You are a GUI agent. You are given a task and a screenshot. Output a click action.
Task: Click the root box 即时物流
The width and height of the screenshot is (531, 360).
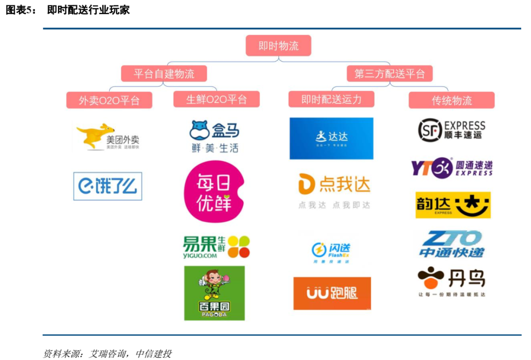[x=278, y=46]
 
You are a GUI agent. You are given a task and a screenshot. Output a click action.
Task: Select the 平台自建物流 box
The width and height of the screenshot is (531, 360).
[x=164, y=74]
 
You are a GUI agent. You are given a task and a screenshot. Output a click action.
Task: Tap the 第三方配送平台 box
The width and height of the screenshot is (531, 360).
[x=389, y=74]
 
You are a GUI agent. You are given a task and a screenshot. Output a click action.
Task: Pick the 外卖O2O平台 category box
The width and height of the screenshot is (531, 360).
[x=109, y=100]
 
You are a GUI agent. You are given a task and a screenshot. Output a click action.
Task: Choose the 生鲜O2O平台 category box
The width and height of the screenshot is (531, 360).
[x=216, y=99]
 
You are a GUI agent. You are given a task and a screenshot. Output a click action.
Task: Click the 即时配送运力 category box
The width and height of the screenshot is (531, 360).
[x=331, y=99]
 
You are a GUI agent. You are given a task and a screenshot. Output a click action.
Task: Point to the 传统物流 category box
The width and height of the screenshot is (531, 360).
[x=451, y=100]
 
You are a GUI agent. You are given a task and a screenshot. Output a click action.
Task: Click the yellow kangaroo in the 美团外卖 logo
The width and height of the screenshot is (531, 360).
[x=92, y=135]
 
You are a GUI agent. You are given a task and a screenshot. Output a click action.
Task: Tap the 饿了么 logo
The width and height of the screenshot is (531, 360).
[x=108, y=186]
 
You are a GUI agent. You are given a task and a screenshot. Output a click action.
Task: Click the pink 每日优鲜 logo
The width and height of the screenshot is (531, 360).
[x=214, y=192]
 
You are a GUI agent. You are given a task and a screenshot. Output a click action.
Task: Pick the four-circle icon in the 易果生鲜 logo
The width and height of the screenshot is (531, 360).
[x=238, y=247]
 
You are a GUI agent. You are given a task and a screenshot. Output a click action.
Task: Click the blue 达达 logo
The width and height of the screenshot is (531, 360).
[x=331, y=138]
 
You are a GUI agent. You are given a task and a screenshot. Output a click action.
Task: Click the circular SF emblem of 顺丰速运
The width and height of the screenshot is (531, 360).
[x=430, y=130]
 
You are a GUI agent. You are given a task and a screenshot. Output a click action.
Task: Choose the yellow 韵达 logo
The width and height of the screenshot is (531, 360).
[x=453, y=205]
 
